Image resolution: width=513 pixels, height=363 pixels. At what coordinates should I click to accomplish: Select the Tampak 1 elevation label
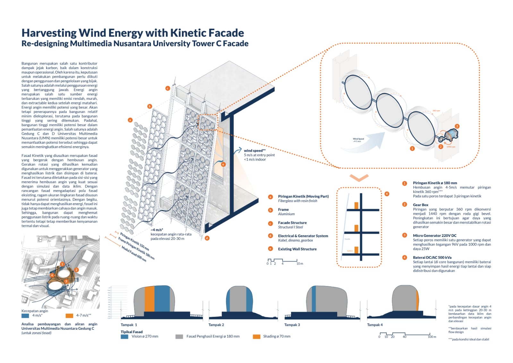(x=129, y=325)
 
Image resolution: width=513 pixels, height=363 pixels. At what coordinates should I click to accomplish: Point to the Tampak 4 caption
(x=375, y=325)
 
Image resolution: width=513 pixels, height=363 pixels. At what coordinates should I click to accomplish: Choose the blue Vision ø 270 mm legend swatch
(x=124, y=337)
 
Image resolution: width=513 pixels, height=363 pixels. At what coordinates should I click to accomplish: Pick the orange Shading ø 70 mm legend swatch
(x=256, y=337)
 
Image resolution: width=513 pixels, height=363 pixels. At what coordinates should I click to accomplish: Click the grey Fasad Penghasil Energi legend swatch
(x=179, y=337)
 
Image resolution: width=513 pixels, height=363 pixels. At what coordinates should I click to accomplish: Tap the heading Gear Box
(x=421, y=205)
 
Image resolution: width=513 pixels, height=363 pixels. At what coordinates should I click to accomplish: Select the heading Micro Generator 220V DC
(x=434, y=236)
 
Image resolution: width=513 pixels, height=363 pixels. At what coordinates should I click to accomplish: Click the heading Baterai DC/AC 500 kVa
(x=432, y=257)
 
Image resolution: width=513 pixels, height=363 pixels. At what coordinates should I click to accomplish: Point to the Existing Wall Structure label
(x=297, y=249)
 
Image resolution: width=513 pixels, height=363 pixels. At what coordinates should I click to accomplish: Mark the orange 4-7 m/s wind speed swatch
(x=69, y=316)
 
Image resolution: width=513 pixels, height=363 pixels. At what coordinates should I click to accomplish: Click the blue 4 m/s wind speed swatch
(x=25, y=316)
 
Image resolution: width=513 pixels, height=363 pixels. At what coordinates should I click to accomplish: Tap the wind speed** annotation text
(x=254, y=151)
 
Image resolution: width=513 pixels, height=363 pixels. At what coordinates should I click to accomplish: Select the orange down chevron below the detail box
(x=359, y=178)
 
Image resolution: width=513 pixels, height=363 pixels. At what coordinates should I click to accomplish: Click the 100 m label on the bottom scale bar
(x=432, y=337)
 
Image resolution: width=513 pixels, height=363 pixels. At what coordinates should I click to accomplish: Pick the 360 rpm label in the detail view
(x=436, y=111)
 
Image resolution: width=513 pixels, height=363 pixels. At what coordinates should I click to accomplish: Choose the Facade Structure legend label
(x=292, y=223)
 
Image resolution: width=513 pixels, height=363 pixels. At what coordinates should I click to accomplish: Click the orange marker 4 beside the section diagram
(x=387, y=194)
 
